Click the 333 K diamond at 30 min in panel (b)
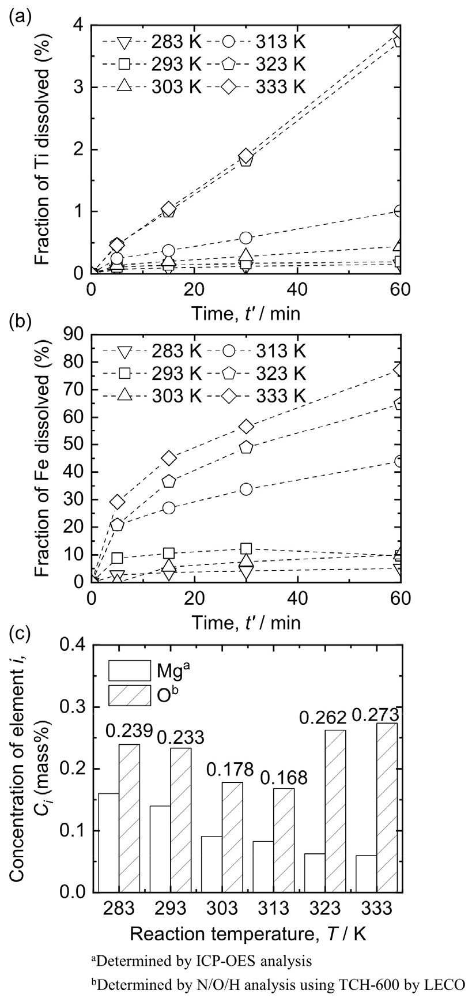click(x=247, y=426)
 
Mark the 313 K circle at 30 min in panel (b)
click(x=247, y=489)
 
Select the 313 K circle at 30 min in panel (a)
click(x=247, y=238)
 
